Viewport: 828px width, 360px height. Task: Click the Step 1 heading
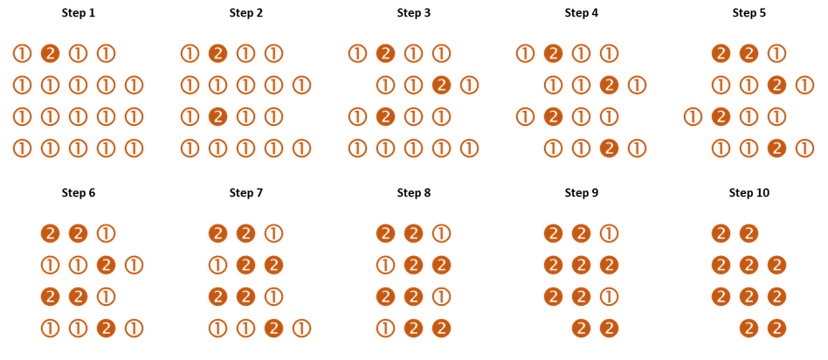tap(78, 13)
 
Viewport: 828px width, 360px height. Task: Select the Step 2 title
tap(245, 13)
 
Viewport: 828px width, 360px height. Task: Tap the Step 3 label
tap(413, 13)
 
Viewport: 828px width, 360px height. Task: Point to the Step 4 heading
tap(582, 13)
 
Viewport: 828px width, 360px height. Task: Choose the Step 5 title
tap(749, 13)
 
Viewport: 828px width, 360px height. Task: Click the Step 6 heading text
tap(78, 193)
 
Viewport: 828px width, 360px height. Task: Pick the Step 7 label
tap(245, 193)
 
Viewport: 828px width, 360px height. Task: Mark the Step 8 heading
tap(413, 193)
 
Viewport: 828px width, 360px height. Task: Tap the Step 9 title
tap(582, 193)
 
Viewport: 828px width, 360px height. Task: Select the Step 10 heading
tap(749, 193)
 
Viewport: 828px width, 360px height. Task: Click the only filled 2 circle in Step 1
tap(50, 53)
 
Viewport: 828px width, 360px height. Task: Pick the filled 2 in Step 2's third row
tap(217, 117)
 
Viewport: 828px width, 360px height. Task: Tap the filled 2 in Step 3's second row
tap(441, 85)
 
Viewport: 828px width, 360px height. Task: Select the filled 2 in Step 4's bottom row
tap(610, 149)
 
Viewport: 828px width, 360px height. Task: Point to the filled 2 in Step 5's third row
tap(721, 117)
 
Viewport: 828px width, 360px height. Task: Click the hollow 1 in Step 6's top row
tap(107, 233)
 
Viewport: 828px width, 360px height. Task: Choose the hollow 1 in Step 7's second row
tap(217, 265)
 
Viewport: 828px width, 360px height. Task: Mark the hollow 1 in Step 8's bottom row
tap(385, 329)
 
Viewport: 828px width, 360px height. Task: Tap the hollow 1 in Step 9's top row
tap(610, 233)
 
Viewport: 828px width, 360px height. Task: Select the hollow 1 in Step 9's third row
tap(610, 297)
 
